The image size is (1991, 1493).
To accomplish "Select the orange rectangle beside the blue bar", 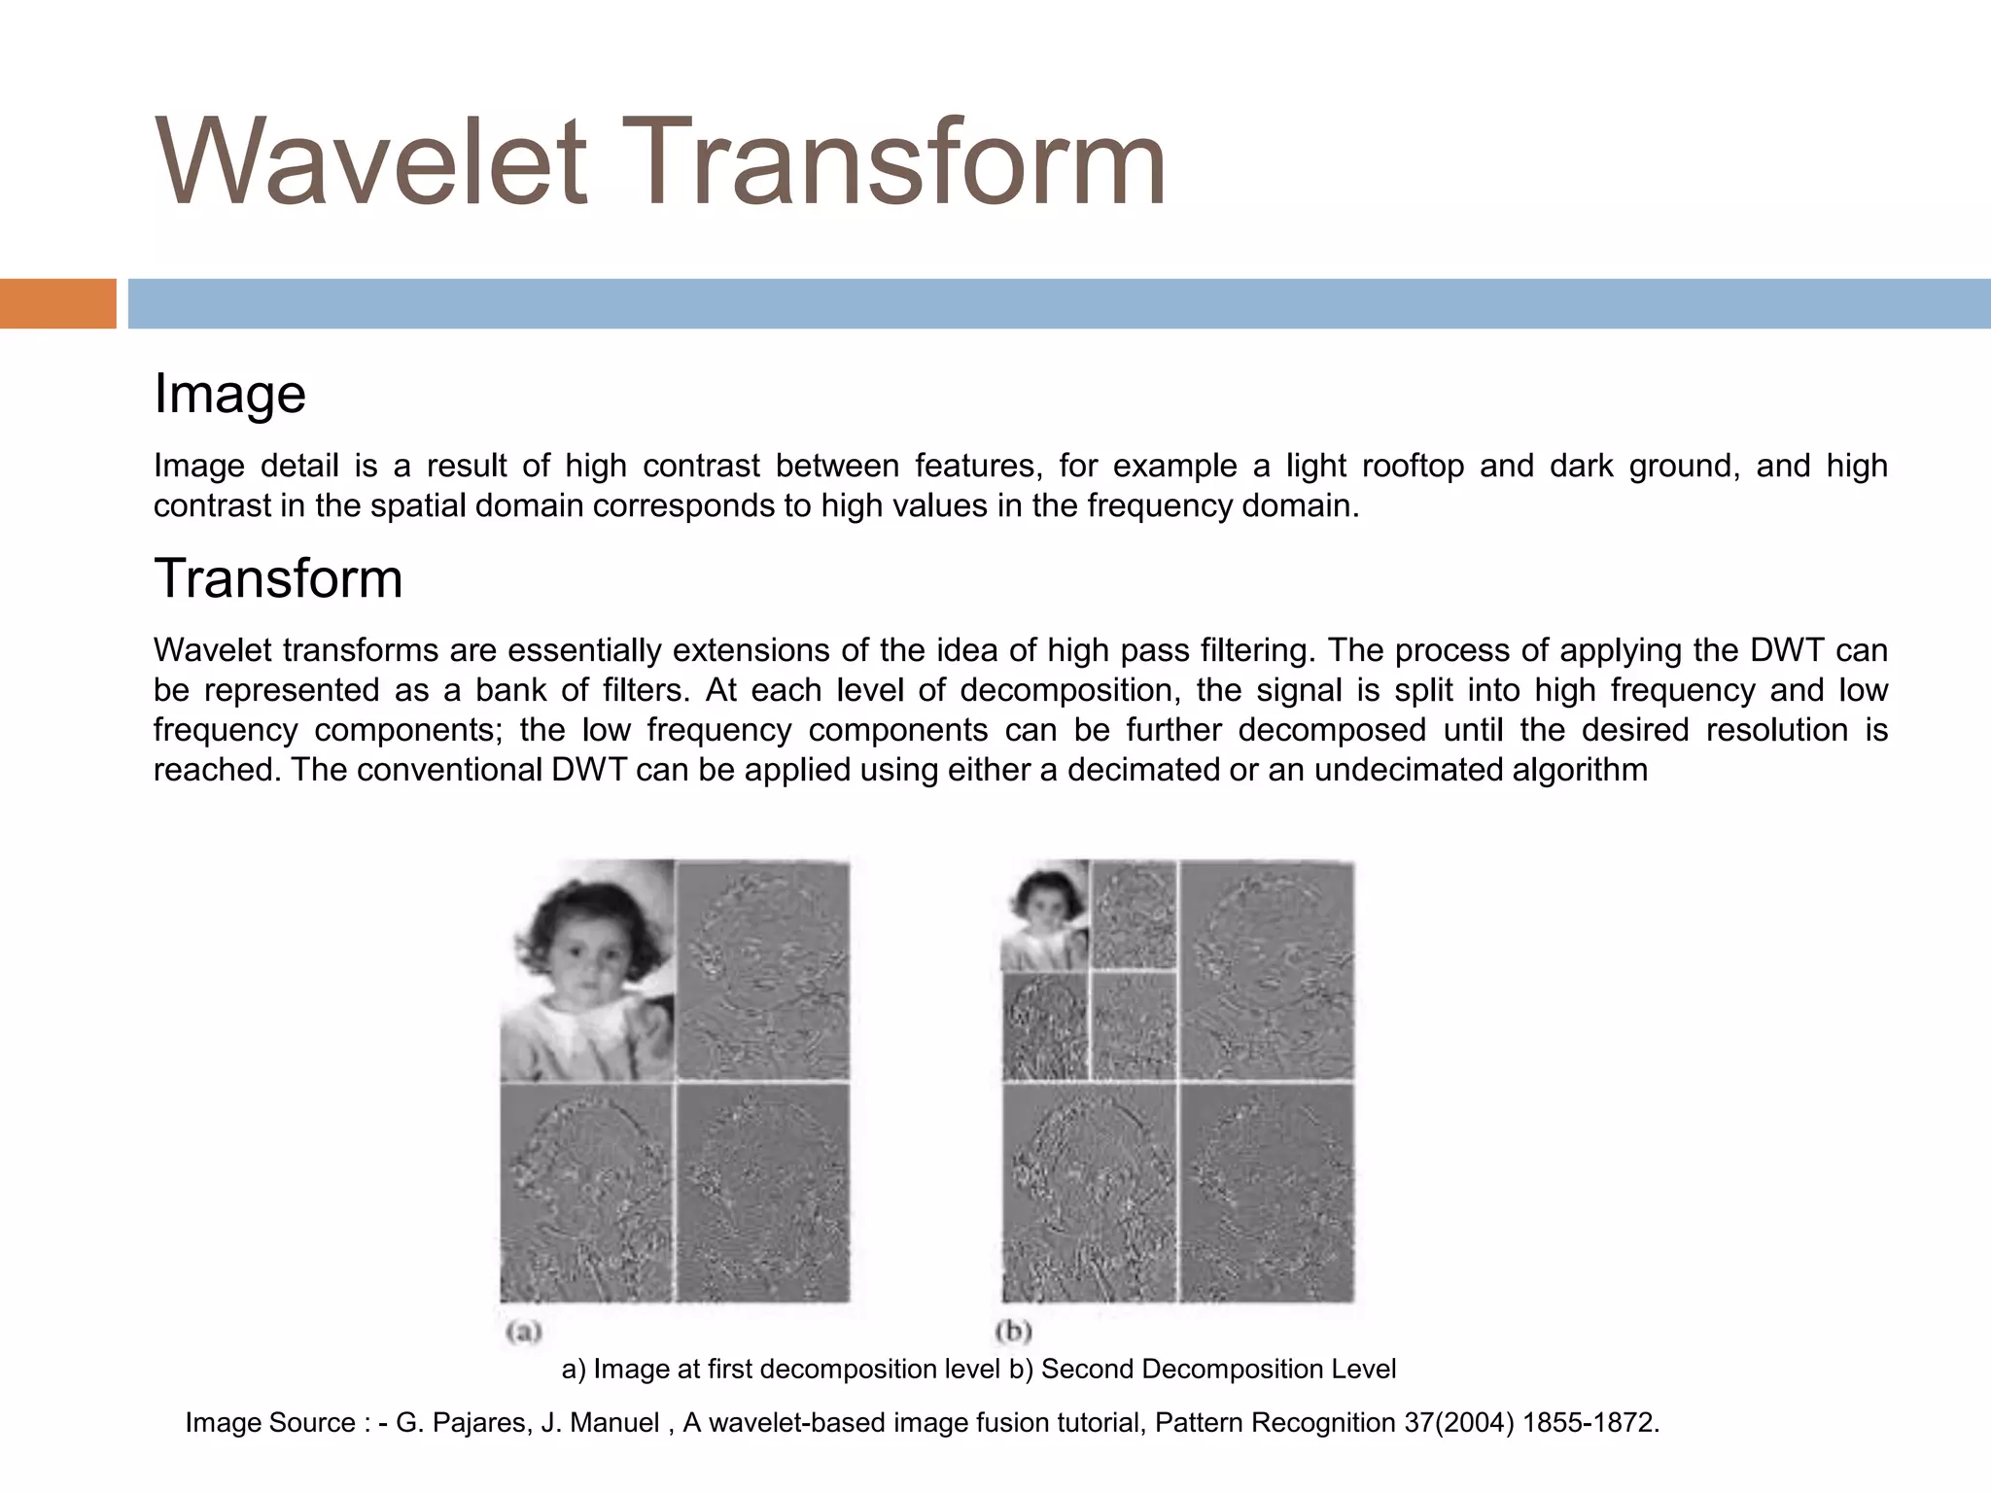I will tap(57, 303).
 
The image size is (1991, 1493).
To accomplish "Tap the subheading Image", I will tap(229, 394).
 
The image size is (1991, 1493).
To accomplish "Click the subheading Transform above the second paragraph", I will tap(278, 578).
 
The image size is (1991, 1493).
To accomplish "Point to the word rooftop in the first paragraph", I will tap(1413, 467).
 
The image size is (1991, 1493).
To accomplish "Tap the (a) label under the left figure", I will tap(523, 1331).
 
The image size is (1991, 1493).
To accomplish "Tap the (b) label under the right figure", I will tap(1013, 1331).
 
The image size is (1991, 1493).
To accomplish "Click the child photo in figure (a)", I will tap(587, 969).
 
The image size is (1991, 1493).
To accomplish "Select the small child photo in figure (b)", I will tap(1045, 915).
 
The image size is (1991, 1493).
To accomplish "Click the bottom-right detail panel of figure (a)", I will tap(763, 1193).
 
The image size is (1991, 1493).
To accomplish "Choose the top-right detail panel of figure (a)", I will tap(763, 969).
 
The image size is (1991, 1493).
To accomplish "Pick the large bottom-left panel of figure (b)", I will tap(1088, 1193).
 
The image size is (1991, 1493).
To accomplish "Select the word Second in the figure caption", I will tap(1088, 1370).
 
